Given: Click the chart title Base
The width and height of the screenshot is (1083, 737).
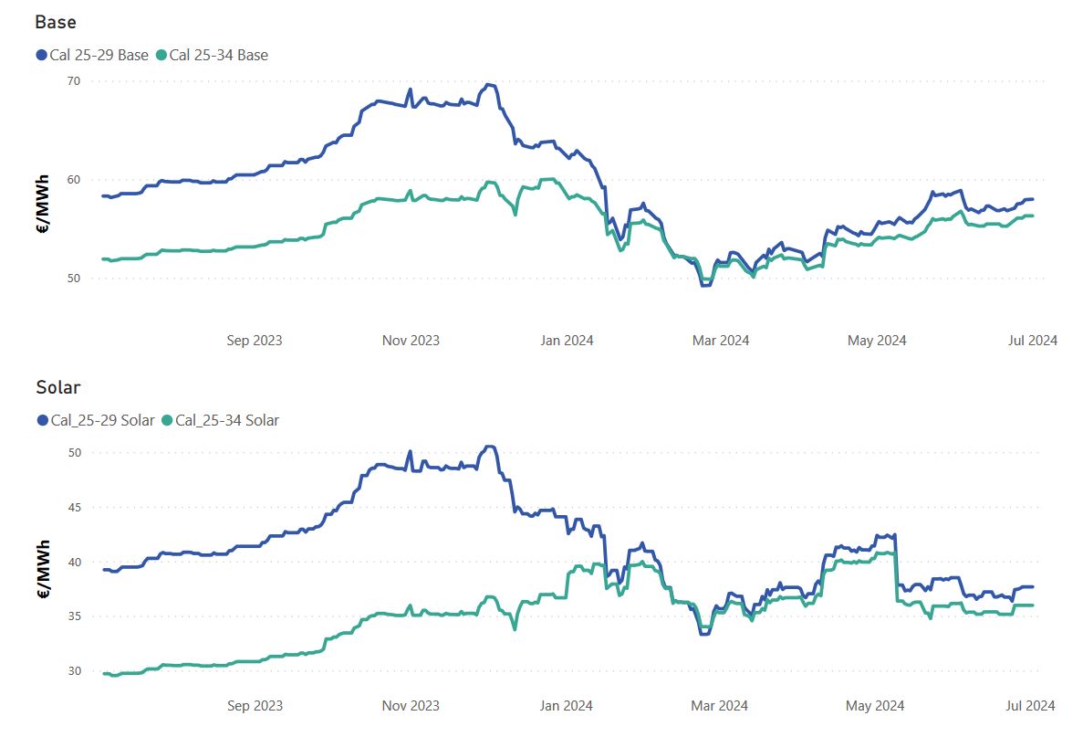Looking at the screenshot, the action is coord(56,22).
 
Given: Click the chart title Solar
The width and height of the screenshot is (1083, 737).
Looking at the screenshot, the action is coord(58,387).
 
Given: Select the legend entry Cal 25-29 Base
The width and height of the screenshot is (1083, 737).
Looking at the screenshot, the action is coord(92,56).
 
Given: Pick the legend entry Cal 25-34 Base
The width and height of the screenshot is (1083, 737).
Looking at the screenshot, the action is coord(212,56).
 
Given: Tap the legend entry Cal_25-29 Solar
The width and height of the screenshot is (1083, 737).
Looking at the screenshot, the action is coord(96,420).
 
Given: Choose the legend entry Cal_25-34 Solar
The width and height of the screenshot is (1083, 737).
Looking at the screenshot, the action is coord(220,420).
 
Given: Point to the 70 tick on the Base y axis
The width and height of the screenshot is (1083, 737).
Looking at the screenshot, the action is coord(73,81).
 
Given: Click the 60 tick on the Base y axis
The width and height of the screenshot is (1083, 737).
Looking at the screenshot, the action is coord(73,180).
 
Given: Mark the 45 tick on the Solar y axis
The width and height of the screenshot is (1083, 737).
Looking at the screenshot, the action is coord(74,508).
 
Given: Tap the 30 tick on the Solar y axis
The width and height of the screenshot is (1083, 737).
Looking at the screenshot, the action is coord(74,670).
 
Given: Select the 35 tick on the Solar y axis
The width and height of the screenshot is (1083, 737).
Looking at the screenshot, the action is coord(74,616).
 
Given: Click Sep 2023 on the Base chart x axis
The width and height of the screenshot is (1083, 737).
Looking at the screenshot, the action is coord(255,340).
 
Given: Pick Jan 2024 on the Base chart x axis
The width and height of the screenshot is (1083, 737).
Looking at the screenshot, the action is coord(567,340).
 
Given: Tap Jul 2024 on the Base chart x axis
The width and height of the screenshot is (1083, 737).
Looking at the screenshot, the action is coord(1033,340).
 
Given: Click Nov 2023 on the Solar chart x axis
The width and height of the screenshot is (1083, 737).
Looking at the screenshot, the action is coord(411,705).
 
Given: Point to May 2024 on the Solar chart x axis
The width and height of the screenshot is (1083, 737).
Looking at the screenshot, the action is coord(874,705).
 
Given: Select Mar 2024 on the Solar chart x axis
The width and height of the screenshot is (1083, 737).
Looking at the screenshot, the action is coord(719,705).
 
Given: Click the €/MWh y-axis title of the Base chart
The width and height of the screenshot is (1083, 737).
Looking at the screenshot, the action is coord(43,205).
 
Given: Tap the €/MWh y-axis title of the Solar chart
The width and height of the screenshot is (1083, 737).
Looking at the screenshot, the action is coord(43,570).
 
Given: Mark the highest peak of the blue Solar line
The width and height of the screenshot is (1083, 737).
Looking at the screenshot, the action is coord(490,447).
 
